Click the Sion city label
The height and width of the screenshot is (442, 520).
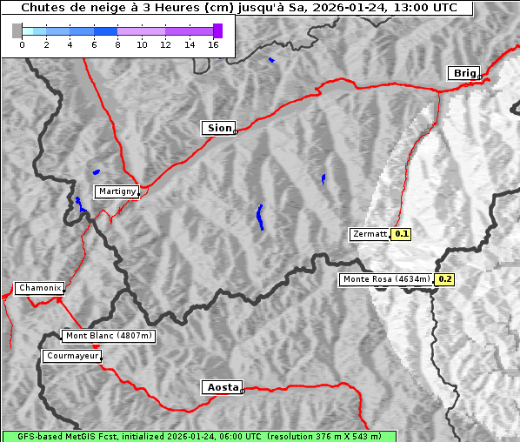219,128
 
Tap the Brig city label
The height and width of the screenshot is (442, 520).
463,73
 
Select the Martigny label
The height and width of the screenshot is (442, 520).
116,191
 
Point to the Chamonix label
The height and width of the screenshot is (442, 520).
39,288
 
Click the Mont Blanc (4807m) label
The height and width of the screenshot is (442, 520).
109,336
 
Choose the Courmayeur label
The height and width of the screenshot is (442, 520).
72,356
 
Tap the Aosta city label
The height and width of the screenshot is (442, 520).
221,387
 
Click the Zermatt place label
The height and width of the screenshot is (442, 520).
369,234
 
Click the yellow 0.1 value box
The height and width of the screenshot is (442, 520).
402,234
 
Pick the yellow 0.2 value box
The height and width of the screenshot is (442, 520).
444,279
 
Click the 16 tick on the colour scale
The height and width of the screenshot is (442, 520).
214,44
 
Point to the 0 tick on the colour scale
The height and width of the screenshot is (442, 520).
22,44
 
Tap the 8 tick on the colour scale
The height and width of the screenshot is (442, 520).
117,44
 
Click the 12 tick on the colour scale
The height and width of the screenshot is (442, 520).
165,44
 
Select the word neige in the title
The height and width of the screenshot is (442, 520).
94,8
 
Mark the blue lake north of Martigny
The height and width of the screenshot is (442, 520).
96,172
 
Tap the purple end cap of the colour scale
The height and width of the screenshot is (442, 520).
217,30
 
